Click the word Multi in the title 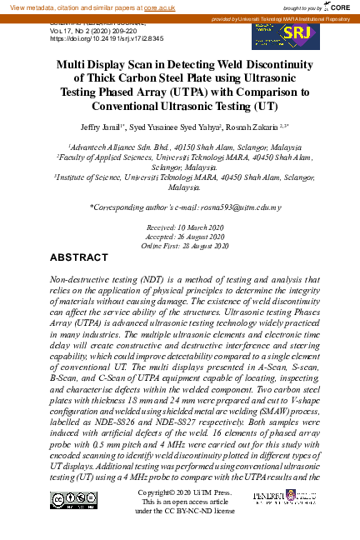pos(73,65)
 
